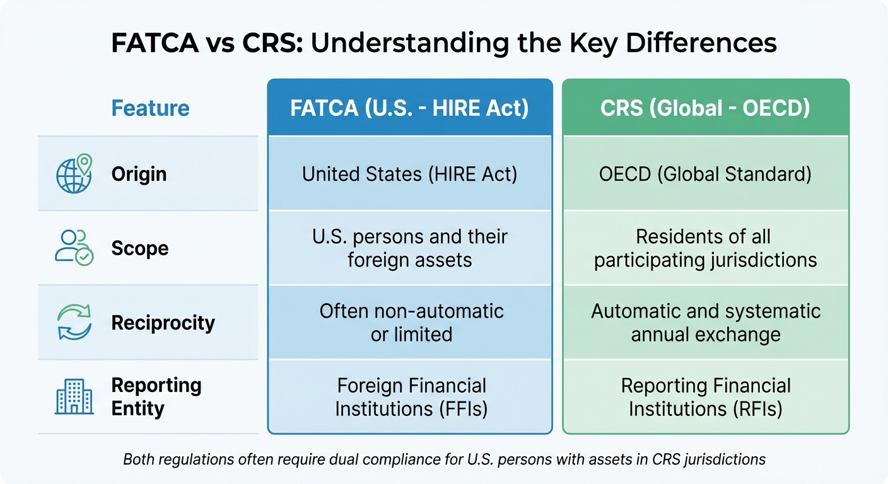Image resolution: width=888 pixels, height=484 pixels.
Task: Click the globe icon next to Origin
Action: click(x=74, y=173)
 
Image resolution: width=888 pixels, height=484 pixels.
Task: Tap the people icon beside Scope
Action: click(x=74, y=248)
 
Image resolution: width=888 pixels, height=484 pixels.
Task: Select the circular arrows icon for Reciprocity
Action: click(x=74, y=323)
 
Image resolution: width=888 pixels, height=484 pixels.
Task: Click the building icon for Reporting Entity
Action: click(x=74, y=396)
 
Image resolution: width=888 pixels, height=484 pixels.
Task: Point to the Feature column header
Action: click(x=150, y=108)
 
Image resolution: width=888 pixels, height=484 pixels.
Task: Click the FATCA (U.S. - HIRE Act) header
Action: click(x=409, y=108)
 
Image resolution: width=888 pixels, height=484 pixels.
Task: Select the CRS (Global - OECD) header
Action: click(x=705, y=108)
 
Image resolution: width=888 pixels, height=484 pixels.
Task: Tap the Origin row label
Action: click(x=139, y=174)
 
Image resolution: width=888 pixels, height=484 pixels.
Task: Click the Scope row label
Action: click(x=140, y=248)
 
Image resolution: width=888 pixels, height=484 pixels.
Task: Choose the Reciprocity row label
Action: click(x=163, y=323)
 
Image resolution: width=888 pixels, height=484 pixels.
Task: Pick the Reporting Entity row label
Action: click(x=156, y=396)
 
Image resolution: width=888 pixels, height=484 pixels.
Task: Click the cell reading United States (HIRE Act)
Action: click(x=409, y=174)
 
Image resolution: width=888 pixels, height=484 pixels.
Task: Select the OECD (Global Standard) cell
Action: click(x=705, y=174)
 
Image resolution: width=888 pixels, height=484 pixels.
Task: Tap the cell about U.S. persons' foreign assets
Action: click(x=409, y=248)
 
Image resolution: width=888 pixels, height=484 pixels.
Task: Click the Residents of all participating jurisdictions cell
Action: click(x=705, y=248)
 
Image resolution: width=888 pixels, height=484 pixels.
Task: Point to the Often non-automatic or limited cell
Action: click(x=409, y=323)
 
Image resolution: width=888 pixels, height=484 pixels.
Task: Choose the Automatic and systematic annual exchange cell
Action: click(x=705, y=323)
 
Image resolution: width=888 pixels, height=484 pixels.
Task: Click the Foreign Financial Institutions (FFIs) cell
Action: click(x=409, y=397)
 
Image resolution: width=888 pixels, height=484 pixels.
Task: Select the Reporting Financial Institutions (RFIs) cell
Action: click(x=705, y=397)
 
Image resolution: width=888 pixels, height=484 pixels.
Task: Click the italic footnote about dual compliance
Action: click(x=444, y=459)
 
